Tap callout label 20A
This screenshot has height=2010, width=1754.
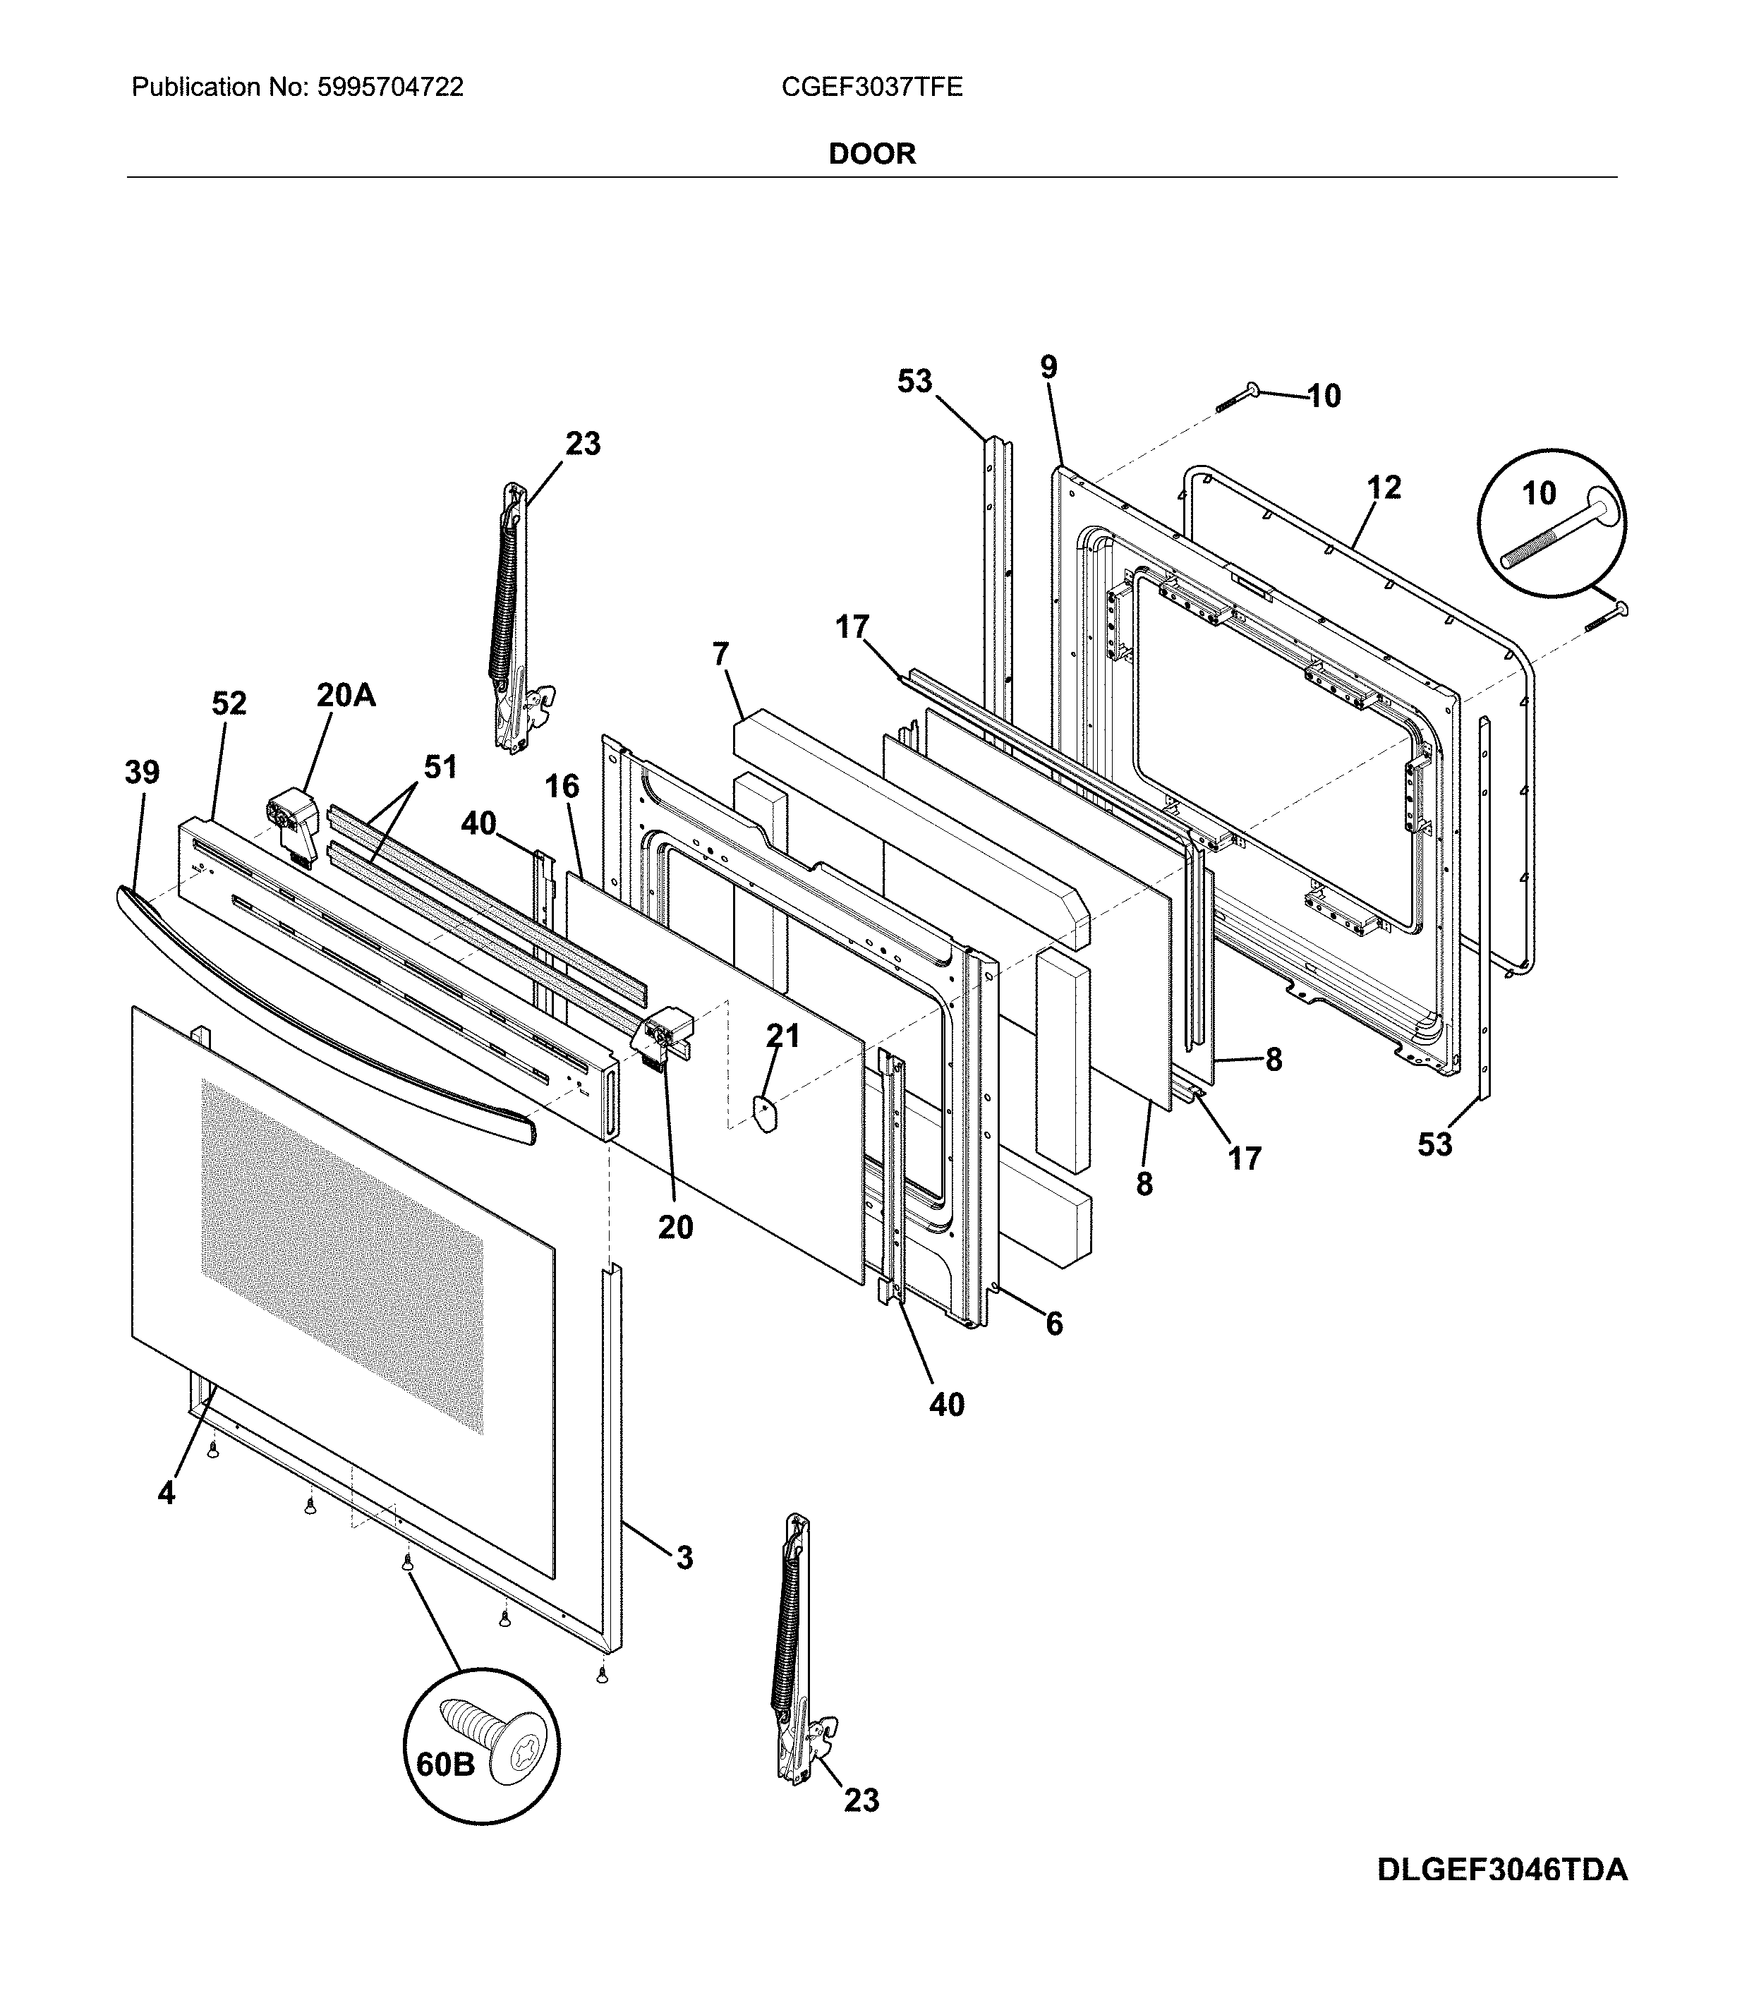[346, 695]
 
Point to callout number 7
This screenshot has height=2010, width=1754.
[721, 654]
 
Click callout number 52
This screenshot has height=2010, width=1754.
[229, 703]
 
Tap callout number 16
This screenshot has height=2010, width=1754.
[562, 786]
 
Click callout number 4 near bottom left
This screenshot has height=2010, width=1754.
[167, 1494]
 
